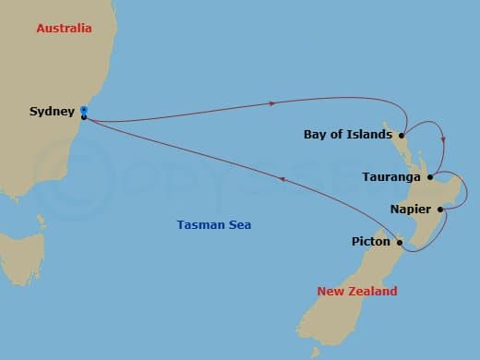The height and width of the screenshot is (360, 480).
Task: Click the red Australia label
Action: click(64, 29)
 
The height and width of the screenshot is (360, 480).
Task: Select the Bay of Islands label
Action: click(346, 135)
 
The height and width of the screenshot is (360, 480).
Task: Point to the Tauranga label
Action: click(392, 176)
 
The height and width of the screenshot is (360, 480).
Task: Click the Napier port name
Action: click(408, 210)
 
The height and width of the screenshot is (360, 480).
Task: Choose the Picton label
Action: click(370, 243)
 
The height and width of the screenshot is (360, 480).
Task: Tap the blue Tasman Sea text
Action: click(213, 225)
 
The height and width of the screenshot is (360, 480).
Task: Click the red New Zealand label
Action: click(357, 292)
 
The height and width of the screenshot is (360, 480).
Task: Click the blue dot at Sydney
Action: click(84, 109)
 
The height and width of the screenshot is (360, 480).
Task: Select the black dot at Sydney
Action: click(84, 117)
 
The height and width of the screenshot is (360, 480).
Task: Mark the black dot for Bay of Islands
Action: click(402, 135)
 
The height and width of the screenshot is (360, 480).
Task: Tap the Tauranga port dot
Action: click(430, 175)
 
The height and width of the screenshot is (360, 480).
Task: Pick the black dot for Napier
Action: click(440, 210)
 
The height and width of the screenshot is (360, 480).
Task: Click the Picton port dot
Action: click(399, 243)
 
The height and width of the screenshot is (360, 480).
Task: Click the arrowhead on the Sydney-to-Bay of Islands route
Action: click(274, 102)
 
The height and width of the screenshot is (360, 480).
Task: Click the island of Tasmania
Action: click(20, 252)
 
